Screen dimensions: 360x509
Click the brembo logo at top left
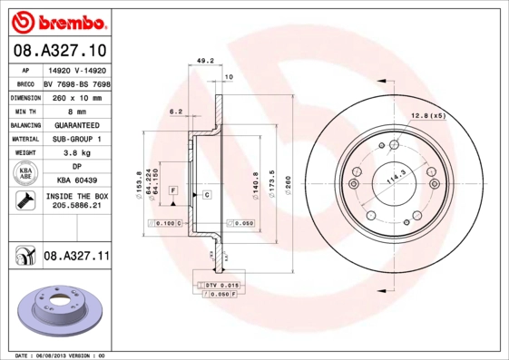click(56, 19)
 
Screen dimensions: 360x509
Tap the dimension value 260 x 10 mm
click(76, 96)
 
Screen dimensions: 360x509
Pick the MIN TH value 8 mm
click(76, 111)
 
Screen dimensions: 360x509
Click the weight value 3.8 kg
click(76, 153)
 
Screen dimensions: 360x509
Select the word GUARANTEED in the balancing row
click(76, 125)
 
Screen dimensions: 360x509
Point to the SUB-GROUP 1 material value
click(76, 139)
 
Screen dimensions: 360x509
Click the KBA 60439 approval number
click(76, 181)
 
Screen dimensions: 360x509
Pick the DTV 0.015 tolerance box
click(220, 285)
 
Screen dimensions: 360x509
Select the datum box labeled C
click(207, 195)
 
